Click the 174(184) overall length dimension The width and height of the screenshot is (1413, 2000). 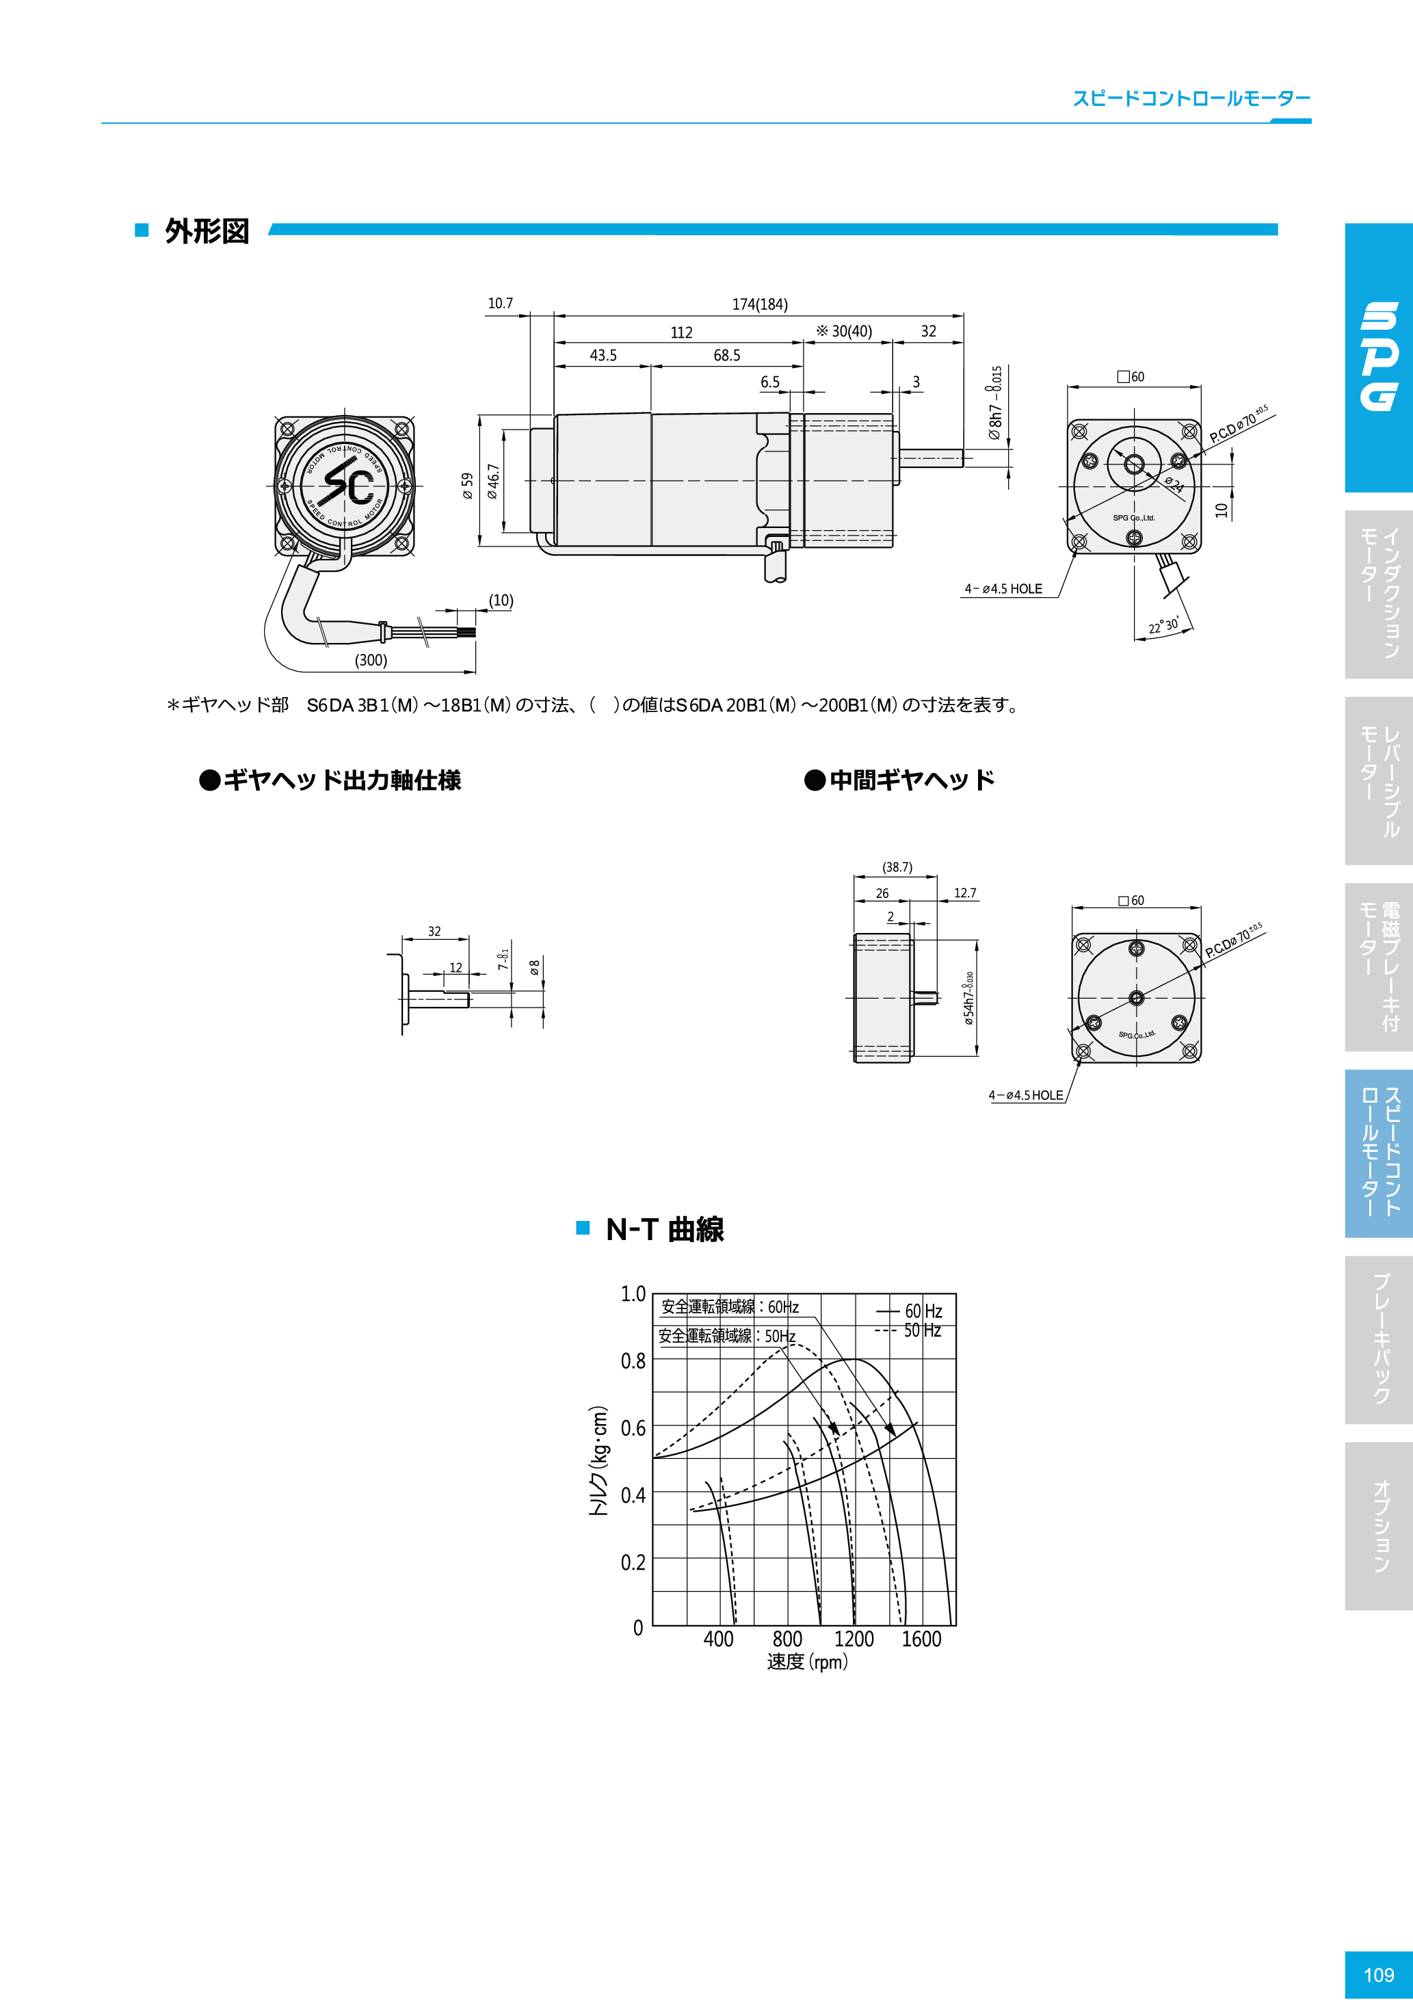tap(760, 304)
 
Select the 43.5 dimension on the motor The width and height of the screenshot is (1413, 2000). tap(603, 356)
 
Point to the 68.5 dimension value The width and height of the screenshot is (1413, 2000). tap(726, 356)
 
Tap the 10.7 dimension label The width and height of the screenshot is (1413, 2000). tap(500, 303)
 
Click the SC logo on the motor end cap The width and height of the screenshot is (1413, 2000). tap(346, 484)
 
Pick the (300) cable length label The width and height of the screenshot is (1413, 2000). tap(371, 660)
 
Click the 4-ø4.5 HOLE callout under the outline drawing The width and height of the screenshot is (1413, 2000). tap(1003, 589)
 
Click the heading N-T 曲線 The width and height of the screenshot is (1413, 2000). tap(664, 1229)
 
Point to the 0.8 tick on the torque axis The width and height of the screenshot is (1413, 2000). tap(633, 1360)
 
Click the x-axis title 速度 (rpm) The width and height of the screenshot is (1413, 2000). tap(806, 1662)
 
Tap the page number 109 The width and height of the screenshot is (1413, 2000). tap(1378, 1975)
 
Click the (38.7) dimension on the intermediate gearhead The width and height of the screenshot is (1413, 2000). tap(897, 867)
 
